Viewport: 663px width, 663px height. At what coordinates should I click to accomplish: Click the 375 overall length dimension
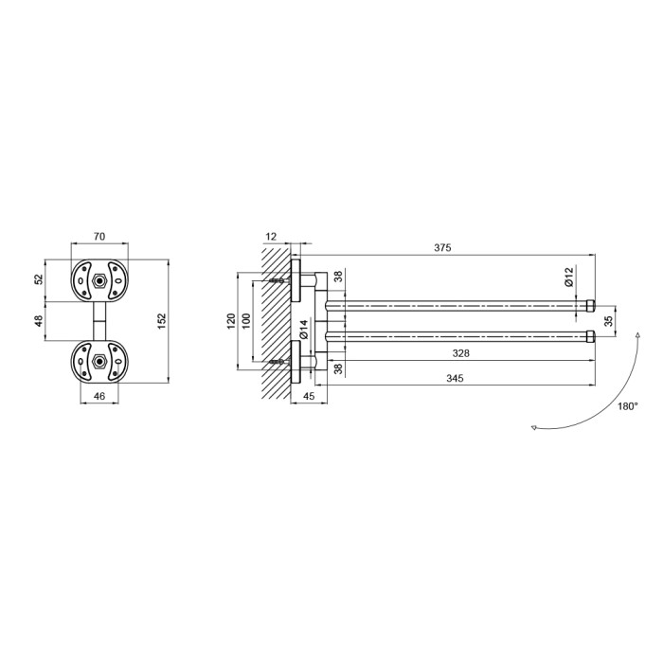pos(442,248)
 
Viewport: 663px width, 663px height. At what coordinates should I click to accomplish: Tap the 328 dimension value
pos(460,353)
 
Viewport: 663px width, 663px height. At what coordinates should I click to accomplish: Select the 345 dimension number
pos(455,378)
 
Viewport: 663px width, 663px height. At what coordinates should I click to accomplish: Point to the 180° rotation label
pos(627,406)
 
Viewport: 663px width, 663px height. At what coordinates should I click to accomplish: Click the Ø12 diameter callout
pos(569,277)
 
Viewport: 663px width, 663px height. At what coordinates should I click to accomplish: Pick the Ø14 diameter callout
pos(304,330)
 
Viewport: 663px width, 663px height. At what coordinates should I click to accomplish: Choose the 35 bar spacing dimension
pos(608,321)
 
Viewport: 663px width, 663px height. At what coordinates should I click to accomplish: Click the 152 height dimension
pos(162,322)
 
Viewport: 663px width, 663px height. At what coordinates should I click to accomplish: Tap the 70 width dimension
pos(99,237)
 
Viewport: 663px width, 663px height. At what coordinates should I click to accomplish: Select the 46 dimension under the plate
pos(99,396)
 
